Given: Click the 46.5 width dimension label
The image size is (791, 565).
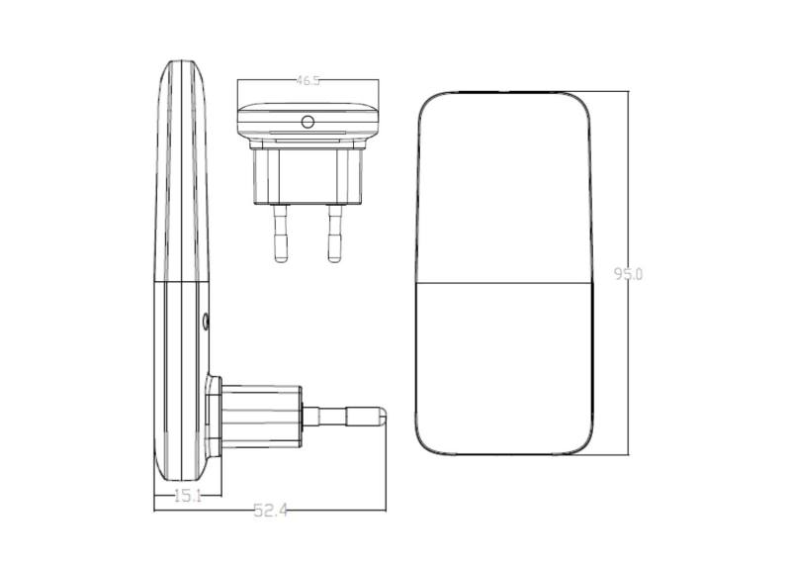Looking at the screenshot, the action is (x=308, y=80).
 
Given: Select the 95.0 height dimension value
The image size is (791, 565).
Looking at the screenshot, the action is (x=629, y=274).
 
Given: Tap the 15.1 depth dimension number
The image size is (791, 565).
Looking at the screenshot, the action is (x=188, y=496).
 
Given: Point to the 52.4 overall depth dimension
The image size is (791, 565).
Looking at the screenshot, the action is (x=271, y=511).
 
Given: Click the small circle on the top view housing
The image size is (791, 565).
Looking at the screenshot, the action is (x=308, y=122).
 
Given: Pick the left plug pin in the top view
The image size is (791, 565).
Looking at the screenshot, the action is (x=281, y=233).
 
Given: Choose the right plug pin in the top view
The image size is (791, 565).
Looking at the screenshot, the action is (x=334, y=233).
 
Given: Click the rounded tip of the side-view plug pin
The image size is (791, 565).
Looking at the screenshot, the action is (x=385, y=416).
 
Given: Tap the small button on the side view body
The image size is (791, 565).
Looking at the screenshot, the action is (x=206, y=322).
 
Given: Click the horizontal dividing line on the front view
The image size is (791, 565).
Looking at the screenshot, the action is (x=504, y=283).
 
